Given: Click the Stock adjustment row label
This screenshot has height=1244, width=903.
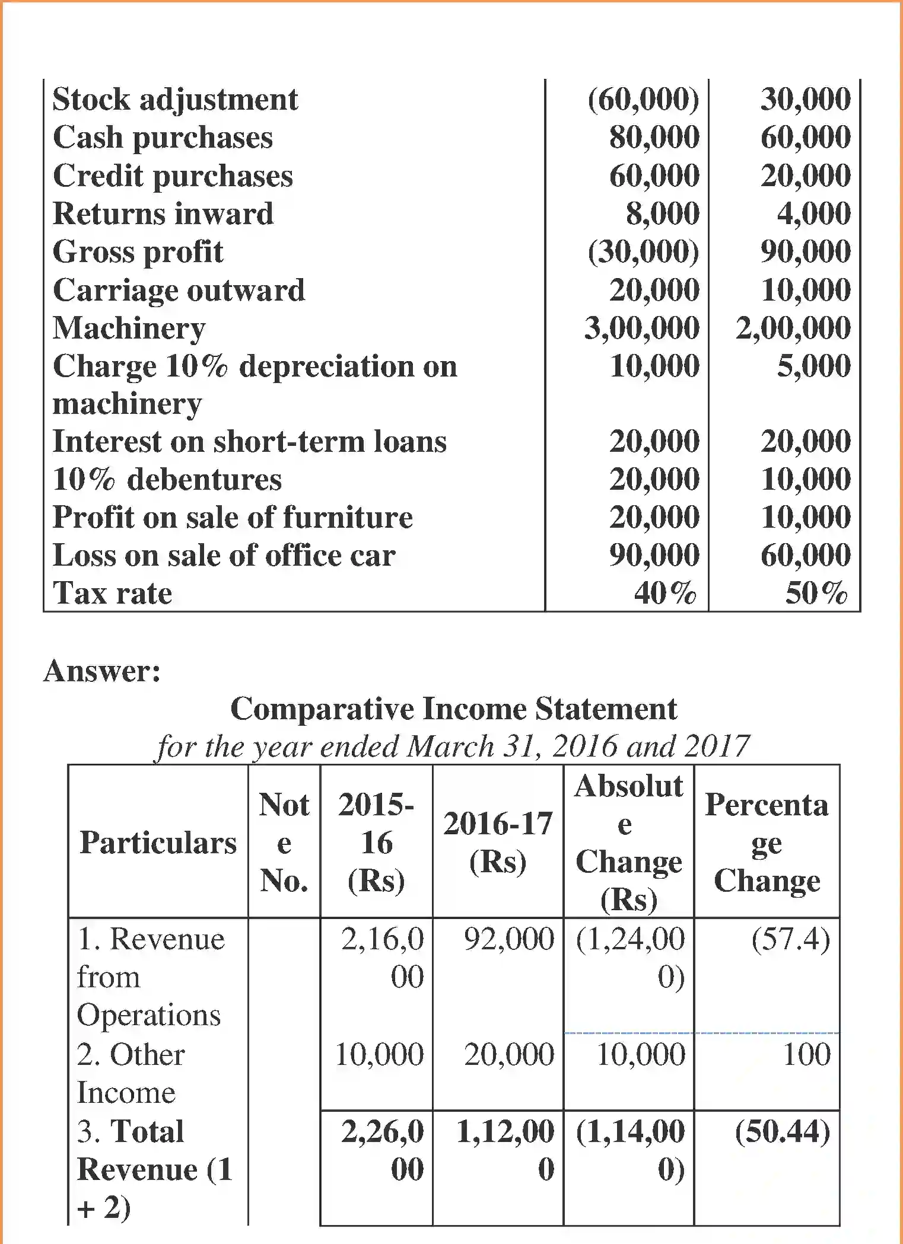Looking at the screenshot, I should pyautogui.click(x=175, y=99).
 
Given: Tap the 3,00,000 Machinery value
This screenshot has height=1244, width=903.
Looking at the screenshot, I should pyautogui.click(x=642, y=328).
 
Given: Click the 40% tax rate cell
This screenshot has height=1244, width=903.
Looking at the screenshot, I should pyautogui.click(x=664, y=592).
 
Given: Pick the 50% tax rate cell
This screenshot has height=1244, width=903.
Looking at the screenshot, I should pyautogui.click(x=816, y=592).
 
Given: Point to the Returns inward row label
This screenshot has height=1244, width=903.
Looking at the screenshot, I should pyautogui.click(x=163, y=213).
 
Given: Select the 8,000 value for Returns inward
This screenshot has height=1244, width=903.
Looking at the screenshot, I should pyautogui.click(x=662, y=213).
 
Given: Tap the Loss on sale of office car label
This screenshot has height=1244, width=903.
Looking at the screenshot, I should pyautogui.click(x=224, y=556).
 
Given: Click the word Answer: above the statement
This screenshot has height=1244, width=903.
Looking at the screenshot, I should pyautogui.click(x=102, y=671).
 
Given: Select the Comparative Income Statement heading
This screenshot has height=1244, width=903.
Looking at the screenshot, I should pyautogui.click(x=453, y=709).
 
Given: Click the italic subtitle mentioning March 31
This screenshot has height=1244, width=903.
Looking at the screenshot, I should pyautogui.click(x=452, y=746).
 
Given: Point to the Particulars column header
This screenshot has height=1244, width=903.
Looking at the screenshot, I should pyautogui.click(x=158, y=843).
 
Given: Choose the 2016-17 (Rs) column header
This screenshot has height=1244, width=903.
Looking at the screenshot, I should pyautogui.click(x=498, y=842).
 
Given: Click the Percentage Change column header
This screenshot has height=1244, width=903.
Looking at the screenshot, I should pyautogui.click(x=767, y=843).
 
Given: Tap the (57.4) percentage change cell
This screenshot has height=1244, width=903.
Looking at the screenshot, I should pyautogui.click(x=790, y=939).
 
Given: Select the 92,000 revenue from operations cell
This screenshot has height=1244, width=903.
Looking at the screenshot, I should pyautogui.click(x=508, y=939).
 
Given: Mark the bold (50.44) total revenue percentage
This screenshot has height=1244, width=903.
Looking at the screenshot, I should pyautogui.click(x=782, y=1131).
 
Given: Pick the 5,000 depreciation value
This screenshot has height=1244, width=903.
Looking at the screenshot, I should pyautogui.click(x=813, y=366).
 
